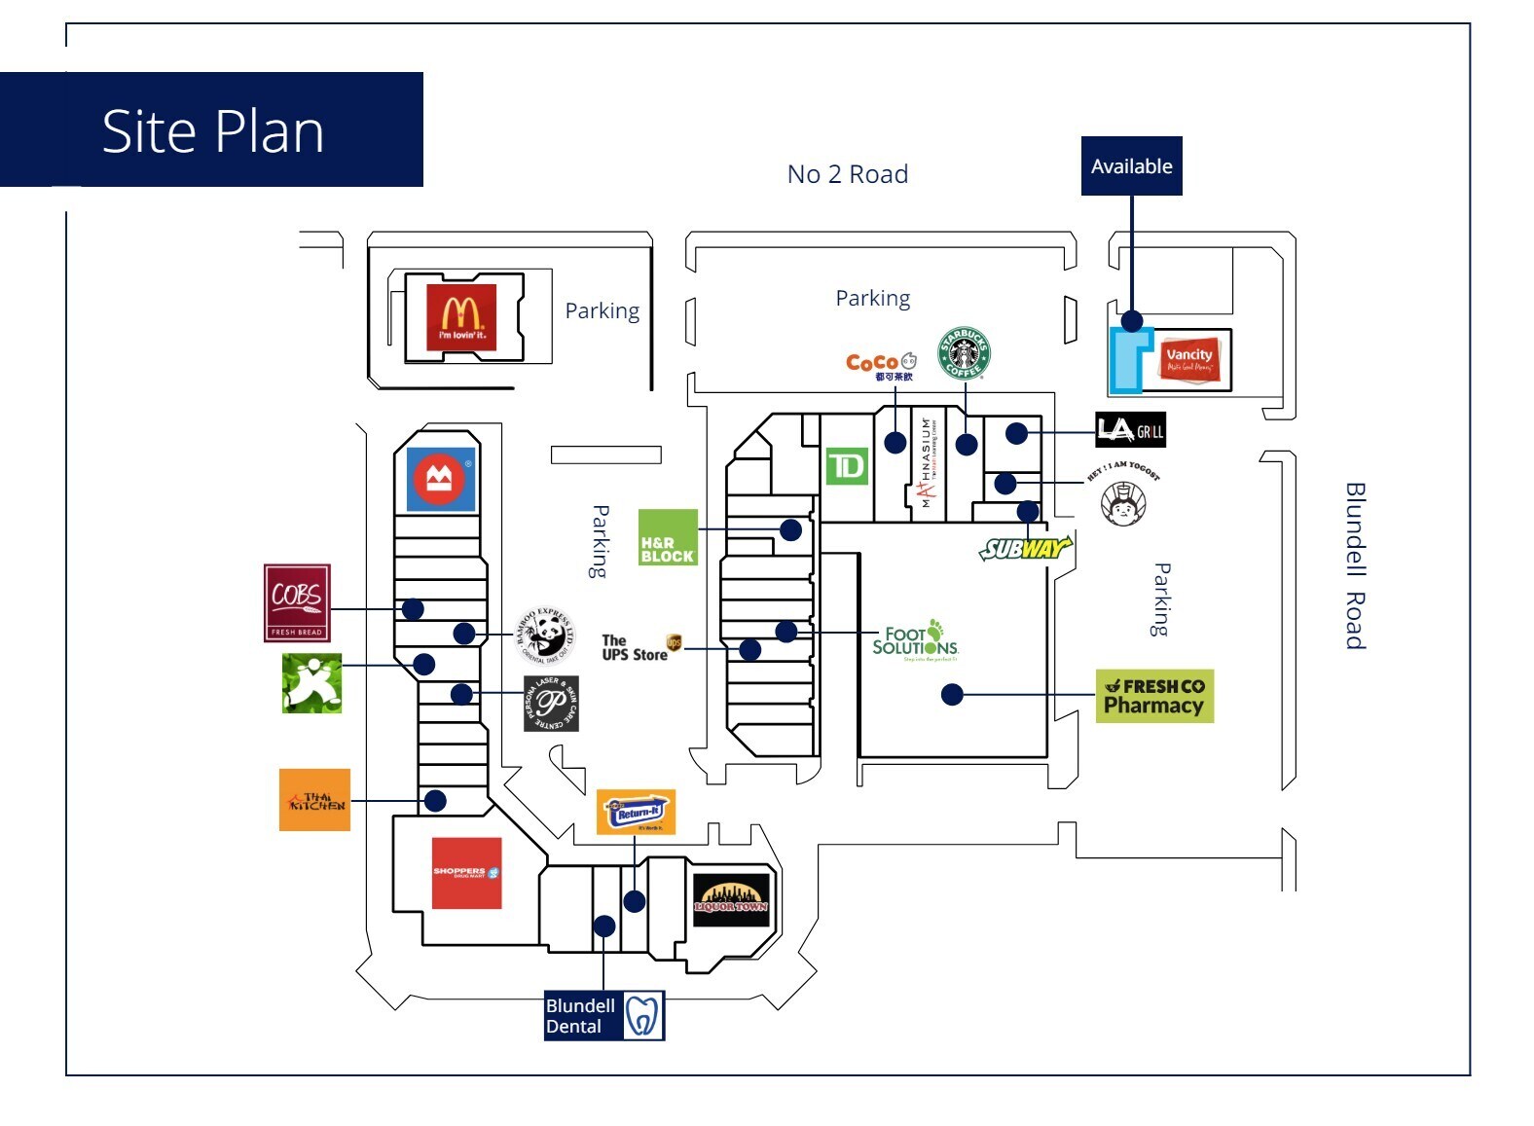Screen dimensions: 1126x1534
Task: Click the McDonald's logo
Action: click(x=461, y=316)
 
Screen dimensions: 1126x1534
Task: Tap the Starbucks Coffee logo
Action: click(x=964, y=353)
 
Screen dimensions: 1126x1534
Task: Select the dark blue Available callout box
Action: click(x=1131, y=166)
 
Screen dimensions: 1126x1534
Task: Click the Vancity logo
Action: click(x=1188, y=360)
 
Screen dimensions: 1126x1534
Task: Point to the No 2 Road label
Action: click(x=847, y=174)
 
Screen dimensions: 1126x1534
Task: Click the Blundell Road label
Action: click(x=1354, y=565)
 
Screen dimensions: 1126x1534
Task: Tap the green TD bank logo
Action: click(x=846, y=466)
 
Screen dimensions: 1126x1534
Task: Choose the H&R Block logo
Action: click(x=668, y=537)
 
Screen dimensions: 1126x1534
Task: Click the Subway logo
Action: click(x=1024, y=549)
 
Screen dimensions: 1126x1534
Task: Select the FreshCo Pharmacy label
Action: click(x=1154, y=696)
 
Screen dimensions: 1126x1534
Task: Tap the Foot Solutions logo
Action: click(x=915, y=639)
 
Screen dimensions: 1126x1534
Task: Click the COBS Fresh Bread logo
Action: click(x=297, y=602)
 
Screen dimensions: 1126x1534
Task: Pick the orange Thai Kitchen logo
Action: click(x=314, y=800)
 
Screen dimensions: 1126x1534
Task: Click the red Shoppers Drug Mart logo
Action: click(x=466, y=873)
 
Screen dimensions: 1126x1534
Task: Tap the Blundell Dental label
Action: click(x=603, y=1016)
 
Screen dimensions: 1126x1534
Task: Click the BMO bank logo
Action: click(x=441, y=479)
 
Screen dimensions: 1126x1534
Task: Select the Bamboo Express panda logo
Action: click(x=545, y=634)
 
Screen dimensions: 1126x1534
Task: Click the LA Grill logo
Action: click(x=1130, y=430)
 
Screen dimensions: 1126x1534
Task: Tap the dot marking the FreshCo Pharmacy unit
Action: click(x=952, y=694)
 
